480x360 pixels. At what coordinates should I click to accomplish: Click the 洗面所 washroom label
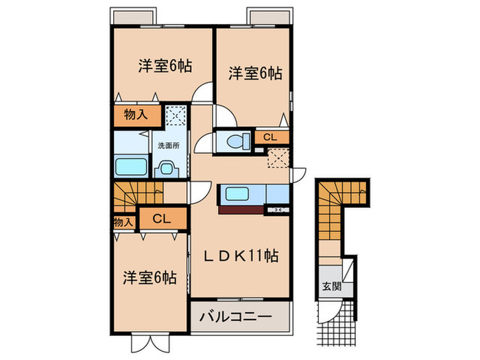169,145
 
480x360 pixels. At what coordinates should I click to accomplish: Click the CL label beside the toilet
270,137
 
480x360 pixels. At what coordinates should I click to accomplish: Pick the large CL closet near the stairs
162,219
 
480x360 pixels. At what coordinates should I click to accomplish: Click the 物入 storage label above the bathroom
136,115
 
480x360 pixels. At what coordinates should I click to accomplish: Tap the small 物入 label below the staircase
123,222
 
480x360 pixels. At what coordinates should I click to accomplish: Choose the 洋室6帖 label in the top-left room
165,67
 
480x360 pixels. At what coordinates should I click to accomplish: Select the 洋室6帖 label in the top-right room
255,72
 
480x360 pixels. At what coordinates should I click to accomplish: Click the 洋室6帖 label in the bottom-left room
149,278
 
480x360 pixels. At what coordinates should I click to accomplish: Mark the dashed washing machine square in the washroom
176,115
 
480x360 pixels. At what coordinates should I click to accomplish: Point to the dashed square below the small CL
278,157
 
